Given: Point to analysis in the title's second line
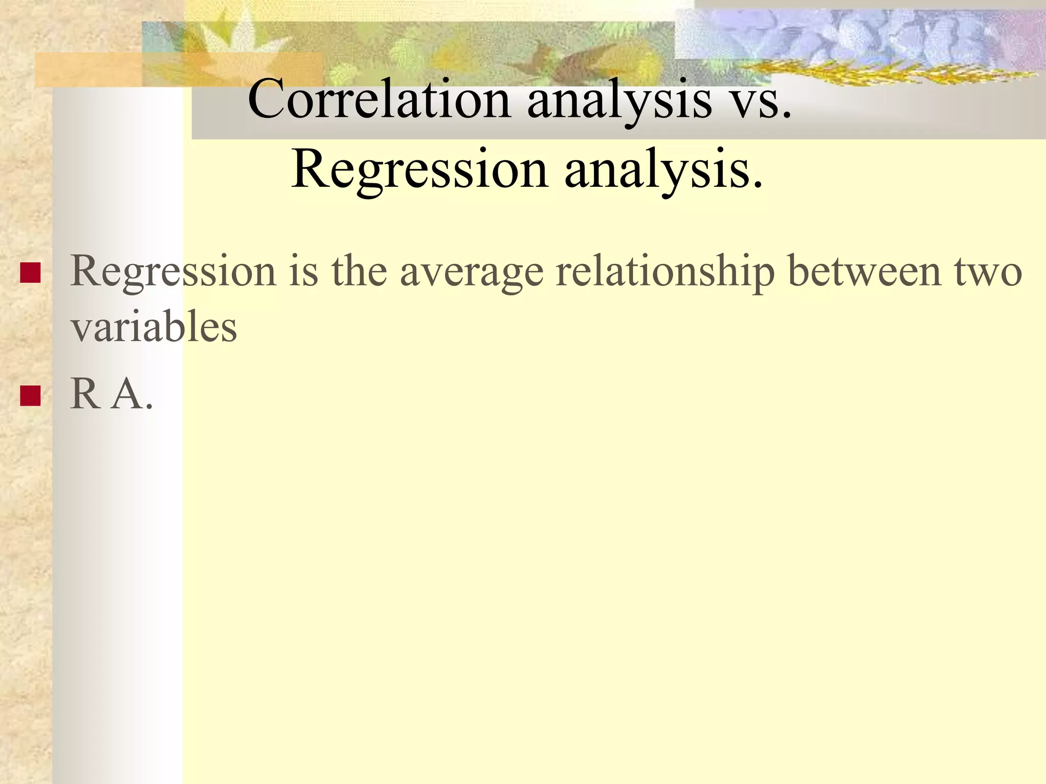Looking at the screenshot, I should (664, 170).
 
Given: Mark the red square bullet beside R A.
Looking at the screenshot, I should (30, 396).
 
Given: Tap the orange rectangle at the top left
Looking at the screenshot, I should (87, 69).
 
